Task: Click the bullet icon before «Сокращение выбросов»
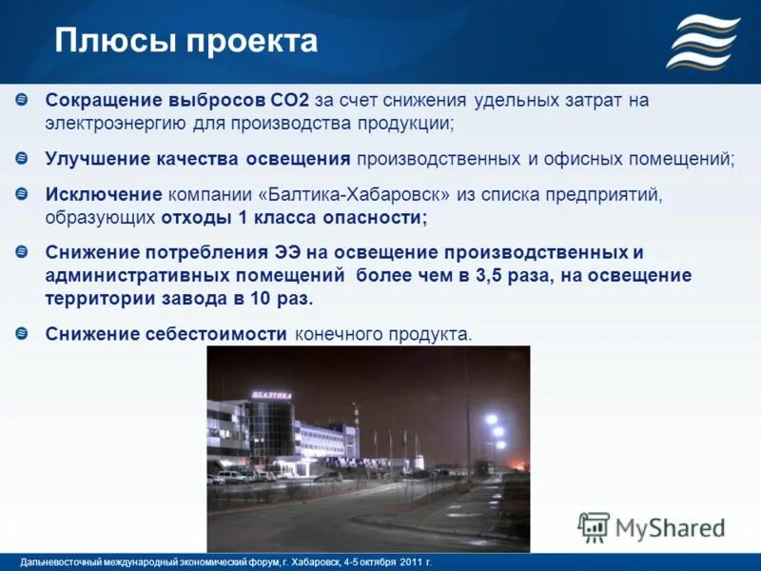coord(23,99)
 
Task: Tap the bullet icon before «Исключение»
coord(23,193)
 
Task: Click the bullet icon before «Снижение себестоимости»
coord(23,333)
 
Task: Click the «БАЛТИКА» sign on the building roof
coord(272,394)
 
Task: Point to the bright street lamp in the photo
coord(491,420)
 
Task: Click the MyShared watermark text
coord(671,526)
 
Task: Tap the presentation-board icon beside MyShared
coord(594,526)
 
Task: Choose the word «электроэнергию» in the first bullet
coord(112,123)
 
